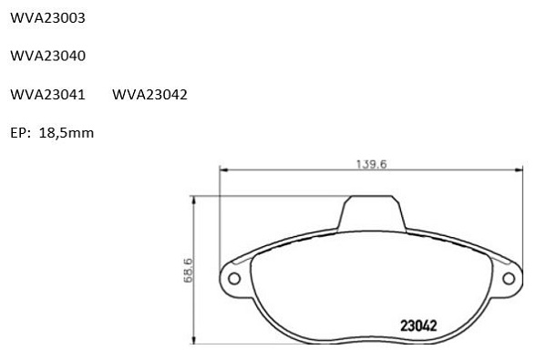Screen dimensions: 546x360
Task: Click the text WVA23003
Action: click(x=47, y=17)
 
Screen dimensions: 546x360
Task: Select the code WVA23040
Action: click(x=47, y=56)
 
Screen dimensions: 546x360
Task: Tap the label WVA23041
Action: click(x=47, y=95)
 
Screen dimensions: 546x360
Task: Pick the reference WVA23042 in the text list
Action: click(x=149, y=95)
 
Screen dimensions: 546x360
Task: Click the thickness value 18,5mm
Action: click(x=67, y=133)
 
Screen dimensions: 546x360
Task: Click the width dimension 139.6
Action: click(x=371, y=164)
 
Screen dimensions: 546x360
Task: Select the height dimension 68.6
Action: click(x=188, y=270)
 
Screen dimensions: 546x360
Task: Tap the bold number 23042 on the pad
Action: click(x=418, y=326)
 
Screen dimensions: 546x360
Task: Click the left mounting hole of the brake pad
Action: click(x=234, y=279)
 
